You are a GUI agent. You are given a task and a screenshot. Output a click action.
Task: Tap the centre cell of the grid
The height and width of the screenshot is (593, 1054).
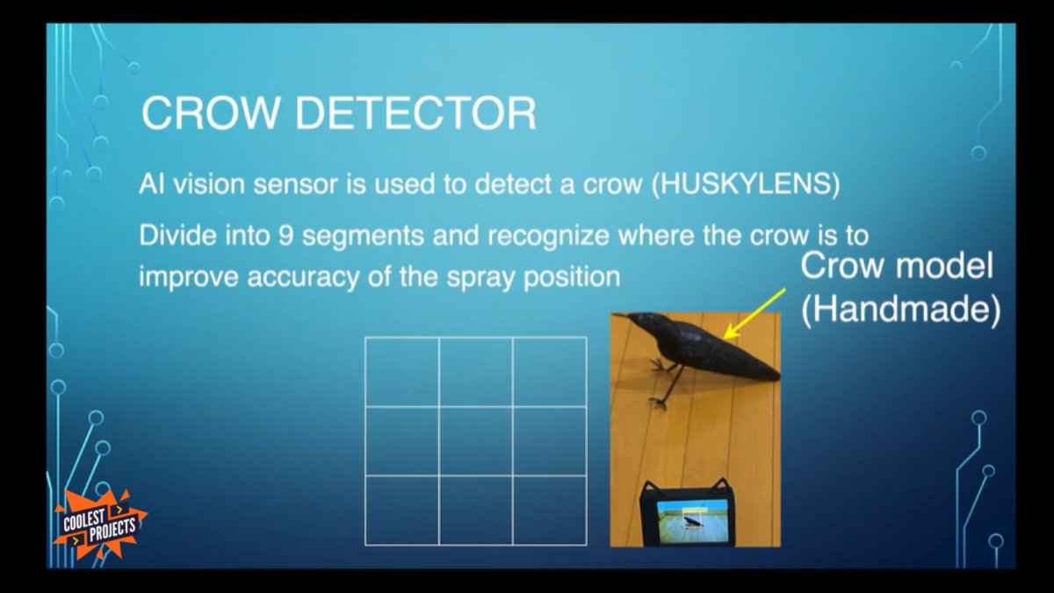click(x=475, y=441)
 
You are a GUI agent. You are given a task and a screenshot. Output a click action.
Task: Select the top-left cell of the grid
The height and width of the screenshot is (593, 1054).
click(x=401, y=372)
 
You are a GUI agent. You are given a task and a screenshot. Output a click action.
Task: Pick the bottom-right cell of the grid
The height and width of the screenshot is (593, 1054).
click(x=550, y=510)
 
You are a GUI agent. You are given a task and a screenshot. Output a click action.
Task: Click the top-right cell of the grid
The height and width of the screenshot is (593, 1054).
click(x=550, y=372)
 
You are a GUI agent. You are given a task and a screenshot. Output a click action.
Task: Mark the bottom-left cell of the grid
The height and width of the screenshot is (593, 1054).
click(x=401, y=510)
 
